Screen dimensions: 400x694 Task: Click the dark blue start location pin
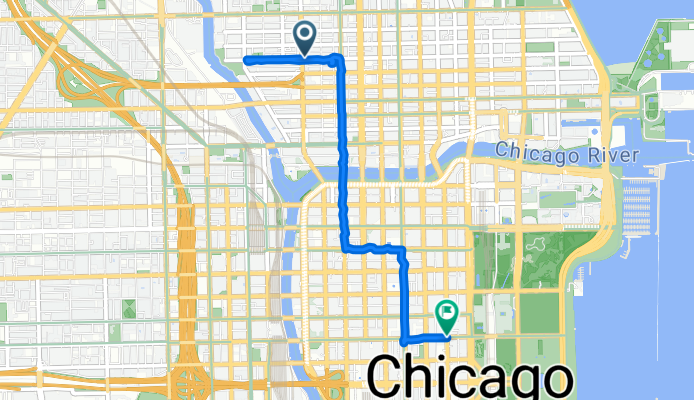coord(305,38)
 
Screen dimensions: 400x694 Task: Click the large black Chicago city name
coord(471,378)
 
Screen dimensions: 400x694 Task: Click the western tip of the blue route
coord(247,60)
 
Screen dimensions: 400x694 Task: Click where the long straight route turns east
coord(347,246)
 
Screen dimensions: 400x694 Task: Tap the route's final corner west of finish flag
coord(404,340)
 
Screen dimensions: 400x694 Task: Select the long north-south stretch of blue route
coord(345,150)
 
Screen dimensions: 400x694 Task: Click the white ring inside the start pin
coord(305,34)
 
